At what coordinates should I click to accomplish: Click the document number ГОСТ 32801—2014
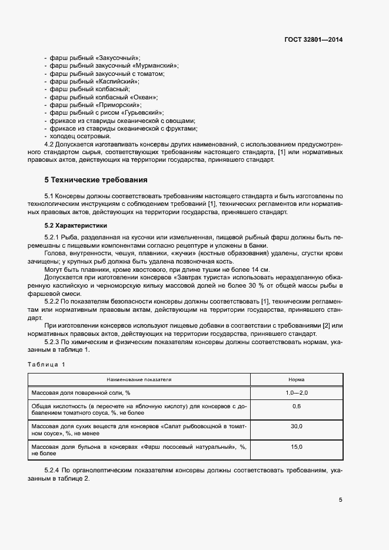(312, 39)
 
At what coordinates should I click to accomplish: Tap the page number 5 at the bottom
(340, 500)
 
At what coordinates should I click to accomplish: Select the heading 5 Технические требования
(96, 179)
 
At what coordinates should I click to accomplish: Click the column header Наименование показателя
(139, 380)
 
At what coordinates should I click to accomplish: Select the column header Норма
(296, 380)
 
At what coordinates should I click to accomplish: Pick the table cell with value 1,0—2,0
(296, 392)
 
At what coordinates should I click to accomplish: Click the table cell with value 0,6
(296, 406)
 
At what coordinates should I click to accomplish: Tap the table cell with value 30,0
(296, 426)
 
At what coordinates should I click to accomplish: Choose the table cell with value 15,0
(296, 447)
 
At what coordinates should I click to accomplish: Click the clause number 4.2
(51, 144)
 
